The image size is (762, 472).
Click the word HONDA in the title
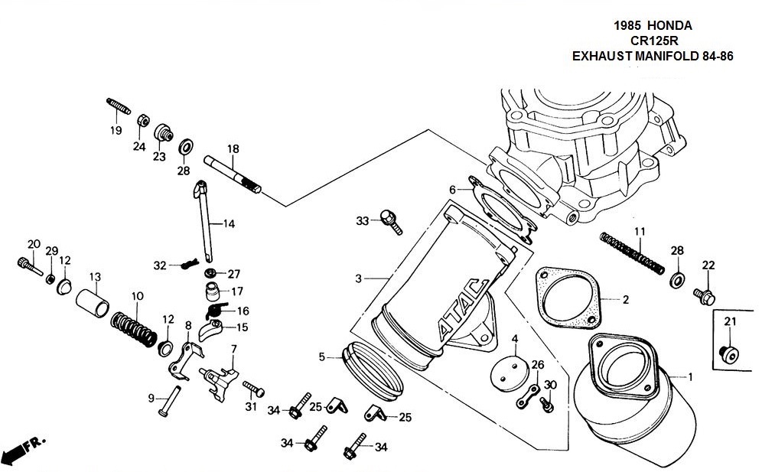669,25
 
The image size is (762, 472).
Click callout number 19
116,130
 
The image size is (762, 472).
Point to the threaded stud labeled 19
119,106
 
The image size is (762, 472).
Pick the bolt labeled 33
391,222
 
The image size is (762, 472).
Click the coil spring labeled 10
134,329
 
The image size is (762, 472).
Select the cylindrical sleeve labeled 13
93,302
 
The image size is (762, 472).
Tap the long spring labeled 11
632,252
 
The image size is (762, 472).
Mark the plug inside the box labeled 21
729,354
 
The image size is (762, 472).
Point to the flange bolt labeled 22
704,296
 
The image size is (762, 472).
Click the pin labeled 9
169,401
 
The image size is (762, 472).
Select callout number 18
233,148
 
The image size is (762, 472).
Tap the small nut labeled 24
143,119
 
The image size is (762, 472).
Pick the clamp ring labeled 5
373,370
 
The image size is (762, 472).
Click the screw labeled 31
254,389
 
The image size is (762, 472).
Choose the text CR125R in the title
654,41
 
